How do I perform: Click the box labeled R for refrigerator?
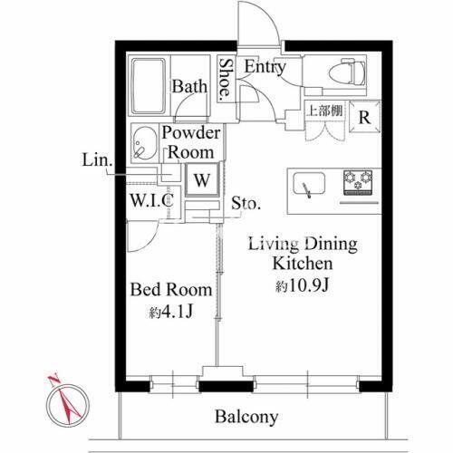(x=362, y=116)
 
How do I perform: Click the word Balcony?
(x=246, y=417)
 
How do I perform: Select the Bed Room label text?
(x=171, y=291)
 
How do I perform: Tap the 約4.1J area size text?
(x=170, y=313)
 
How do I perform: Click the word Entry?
(x=265, y=66)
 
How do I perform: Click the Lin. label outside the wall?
(x=97, y=161)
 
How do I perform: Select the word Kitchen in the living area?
(x=304, y=264)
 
